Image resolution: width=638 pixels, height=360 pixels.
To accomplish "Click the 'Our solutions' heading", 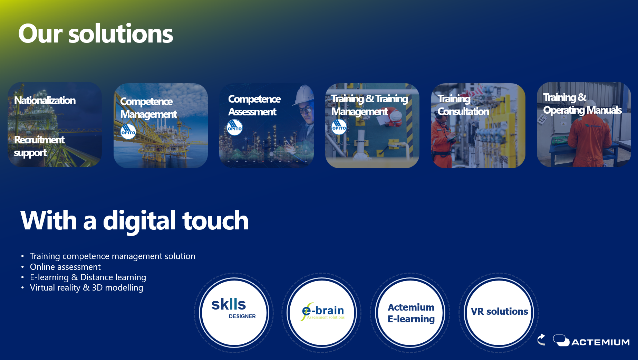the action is click(x=96, y=34).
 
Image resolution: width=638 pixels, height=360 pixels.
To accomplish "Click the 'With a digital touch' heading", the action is click(x=134, y=221).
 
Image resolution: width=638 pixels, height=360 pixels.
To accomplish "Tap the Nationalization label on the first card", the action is click(x=45, y=101).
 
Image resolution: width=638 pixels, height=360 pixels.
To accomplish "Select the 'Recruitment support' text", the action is click(x=39, y=146).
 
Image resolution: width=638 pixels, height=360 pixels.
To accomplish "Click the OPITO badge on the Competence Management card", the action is click(x=128, y=132).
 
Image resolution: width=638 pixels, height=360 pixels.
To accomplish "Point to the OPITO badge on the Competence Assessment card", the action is click(x=235, y=127).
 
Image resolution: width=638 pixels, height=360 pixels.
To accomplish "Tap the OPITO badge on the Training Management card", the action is click(x=339, y=127).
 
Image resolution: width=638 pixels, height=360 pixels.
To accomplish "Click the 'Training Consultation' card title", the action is click(x=463, y=105).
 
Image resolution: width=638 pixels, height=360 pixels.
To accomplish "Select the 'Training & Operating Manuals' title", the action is click(x=582, y=104).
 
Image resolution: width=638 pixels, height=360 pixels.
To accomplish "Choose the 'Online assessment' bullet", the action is click(x=65, y=267).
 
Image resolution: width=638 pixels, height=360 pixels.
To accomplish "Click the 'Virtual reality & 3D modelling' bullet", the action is click(x=86, y=288).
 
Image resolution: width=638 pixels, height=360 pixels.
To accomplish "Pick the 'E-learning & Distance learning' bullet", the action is click(x=88, y=277).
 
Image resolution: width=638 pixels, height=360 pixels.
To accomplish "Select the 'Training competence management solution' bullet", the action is click(x=113, y=256).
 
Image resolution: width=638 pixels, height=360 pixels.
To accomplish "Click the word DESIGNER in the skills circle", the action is click(x=242, y=316).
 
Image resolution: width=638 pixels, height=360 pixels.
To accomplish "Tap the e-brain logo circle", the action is click(x=322, y=312).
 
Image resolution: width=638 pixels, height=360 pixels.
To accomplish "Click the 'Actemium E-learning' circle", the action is click(x=410, y=312).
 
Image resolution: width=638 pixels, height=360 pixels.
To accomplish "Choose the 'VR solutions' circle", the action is click(x=499, y=312).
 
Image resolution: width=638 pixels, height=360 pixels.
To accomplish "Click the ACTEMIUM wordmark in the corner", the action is click(x=600, y=342).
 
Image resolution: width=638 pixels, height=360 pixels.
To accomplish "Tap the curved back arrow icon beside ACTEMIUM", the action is click(x=541, y=340).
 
